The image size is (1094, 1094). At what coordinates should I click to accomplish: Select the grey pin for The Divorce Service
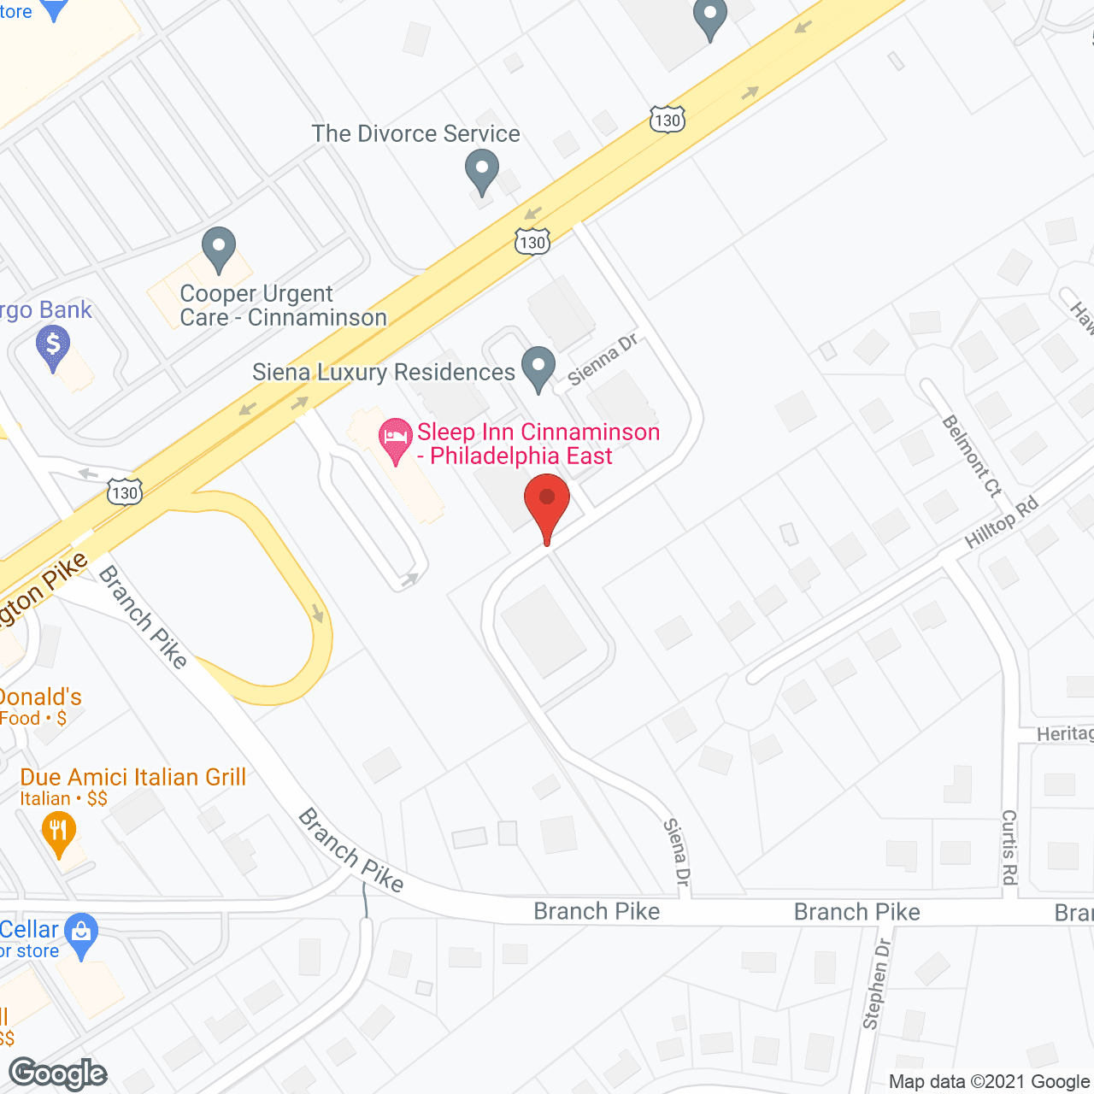point(482,170)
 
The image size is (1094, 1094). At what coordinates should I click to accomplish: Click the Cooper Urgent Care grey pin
point(219,248)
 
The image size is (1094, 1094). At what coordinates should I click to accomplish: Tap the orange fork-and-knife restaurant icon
point(58,832)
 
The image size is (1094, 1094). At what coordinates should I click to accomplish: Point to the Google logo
point(58,1073)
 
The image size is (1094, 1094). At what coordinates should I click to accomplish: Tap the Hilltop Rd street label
point(1001,522)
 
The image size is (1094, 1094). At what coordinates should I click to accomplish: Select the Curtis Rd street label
point(1009,847)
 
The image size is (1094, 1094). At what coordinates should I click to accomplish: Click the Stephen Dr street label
point(876,983)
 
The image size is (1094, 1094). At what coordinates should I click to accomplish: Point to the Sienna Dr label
point(603,360)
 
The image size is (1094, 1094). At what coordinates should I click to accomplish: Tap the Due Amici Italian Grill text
point(133,777)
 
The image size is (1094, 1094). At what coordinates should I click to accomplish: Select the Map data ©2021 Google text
point(989,1082)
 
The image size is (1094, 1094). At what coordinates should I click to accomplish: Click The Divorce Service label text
point(415,134)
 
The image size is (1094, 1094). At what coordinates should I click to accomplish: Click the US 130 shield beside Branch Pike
point(125,492)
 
